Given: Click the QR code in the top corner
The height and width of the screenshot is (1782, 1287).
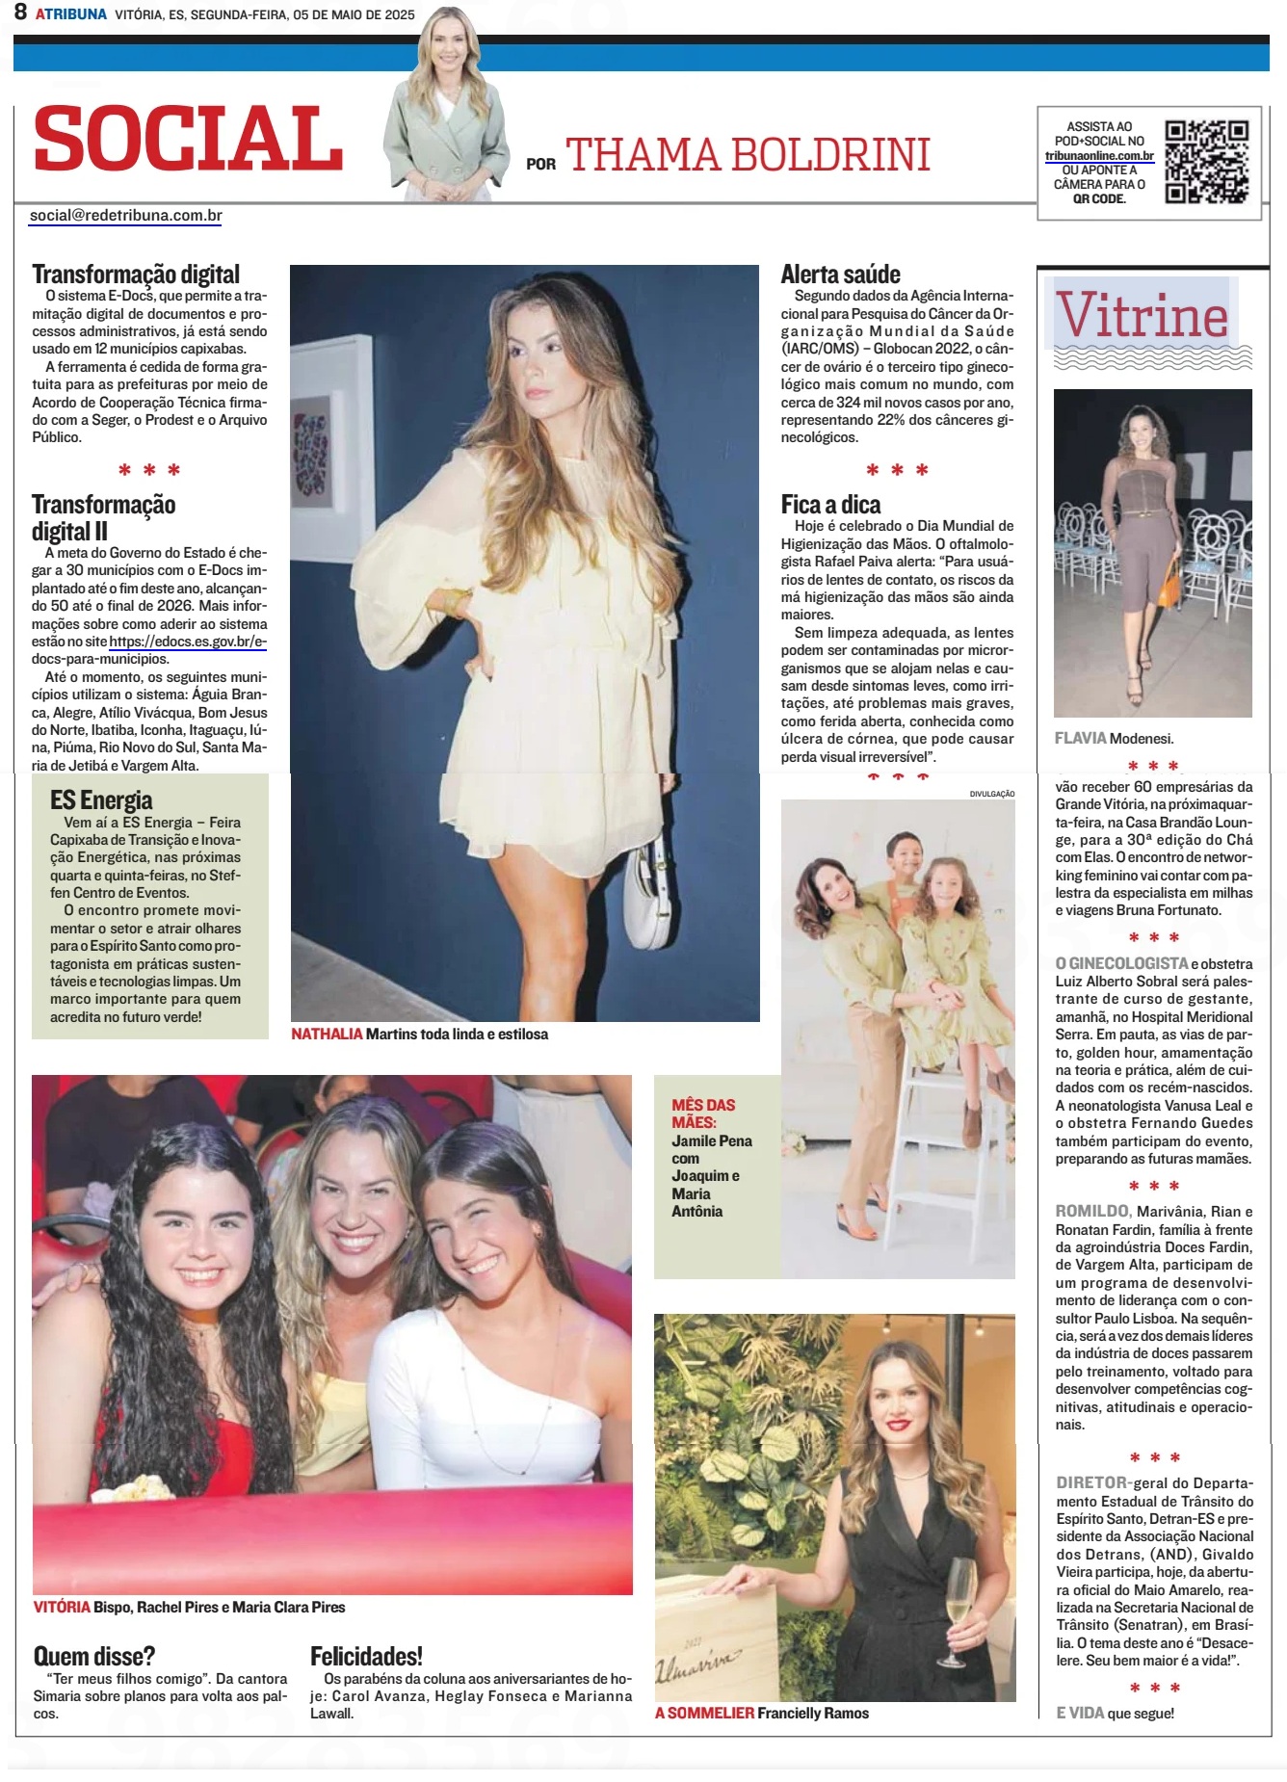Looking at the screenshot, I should tap(1206, 161).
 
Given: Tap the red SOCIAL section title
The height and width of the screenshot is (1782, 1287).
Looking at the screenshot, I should tap(189, 139).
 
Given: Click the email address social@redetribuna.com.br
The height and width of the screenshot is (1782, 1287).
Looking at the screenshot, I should tap(126, 216).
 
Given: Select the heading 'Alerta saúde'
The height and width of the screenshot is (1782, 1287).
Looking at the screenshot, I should tap(840, 275).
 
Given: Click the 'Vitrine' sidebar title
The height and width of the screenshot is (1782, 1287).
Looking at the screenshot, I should tap(1143, 316).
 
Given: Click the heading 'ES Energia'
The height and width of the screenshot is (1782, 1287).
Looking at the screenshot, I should tap(101, 799).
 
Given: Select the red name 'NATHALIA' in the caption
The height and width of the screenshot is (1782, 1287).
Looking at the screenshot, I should tap(327, 1034).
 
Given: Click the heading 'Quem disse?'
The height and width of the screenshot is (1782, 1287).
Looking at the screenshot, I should tap(93, 1656).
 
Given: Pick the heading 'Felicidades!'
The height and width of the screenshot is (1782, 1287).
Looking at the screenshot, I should tap(366, 1656).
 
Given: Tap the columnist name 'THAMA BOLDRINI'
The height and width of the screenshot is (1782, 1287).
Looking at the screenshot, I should tap(748, 155).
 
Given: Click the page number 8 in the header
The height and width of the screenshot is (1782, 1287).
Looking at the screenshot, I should tap(20, 13).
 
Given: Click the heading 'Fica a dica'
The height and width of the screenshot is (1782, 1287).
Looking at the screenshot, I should tap(830, 505).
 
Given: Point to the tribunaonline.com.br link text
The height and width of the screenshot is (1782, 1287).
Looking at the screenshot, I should tap(1099, 156).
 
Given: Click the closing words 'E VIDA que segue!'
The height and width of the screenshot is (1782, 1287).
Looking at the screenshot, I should tap(1115, 1713).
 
